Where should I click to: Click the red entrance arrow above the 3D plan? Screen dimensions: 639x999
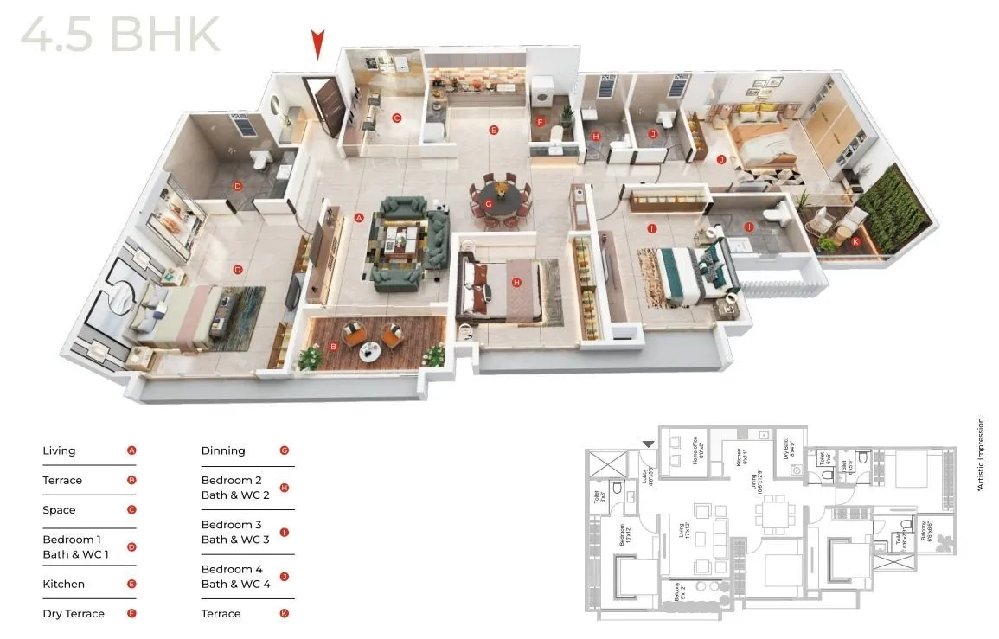coord(318,43)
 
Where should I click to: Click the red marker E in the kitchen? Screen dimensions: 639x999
coord(494,131)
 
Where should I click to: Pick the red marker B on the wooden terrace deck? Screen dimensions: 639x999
coord(334,348)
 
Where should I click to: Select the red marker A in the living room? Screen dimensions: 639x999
coord(359,218)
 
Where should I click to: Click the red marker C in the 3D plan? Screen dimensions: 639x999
coord(396,118)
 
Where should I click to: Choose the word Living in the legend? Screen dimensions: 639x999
coord(59,450)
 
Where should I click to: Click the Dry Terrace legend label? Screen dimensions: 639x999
coord(74,614)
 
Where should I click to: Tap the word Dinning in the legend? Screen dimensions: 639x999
coord(223,450)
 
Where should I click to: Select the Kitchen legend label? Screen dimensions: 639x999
coord(64,585)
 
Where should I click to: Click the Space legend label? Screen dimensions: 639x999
coord(59,510)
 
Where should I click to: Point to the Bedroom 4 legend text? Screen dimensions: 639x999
coord(232,569)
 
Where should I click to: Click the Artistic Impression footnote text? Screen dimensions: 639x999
coord(981,455)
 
